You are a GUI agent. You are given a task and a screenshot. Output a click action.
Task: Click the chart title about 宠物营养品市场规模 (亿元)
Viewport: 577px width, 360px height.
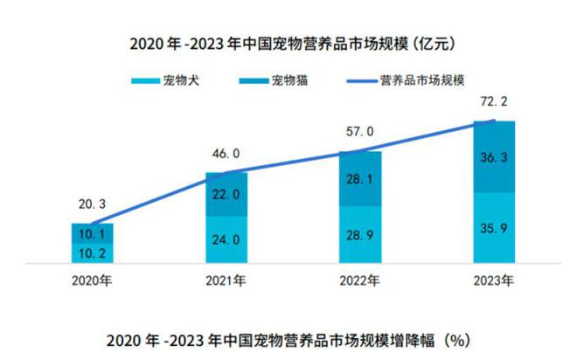coord(288,42)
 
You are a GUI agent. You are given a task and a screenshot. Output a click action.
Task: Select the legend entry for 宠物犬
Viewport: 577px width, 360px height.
coord(161,81)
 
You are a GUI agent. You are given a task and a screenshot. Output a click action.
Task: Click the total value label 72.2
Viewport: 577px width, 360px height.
coord(494,103)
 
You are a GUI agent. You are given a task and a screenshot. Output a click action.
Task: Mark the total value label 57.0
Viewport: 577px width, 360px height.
coord(360,132)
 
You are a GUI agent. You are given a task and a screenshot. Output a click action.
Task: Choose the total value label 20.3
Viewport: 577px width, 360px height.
coord(93,205)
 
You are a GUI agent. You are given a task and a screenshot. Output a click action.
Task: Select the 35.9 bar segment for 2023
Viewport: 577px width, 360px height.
coord(494,228)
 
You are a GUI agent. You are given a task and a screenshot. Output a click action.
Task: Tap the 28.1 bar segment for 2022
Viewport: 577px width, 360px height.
coord(360,179)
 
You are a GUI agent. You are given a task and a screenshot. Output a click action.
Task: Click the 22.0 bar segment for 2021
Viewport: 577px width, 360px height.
coord(226,195)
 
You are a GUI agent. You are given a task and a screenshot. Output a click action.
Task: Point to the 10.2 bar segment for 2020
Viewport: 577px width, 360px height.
coord(93,253)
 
